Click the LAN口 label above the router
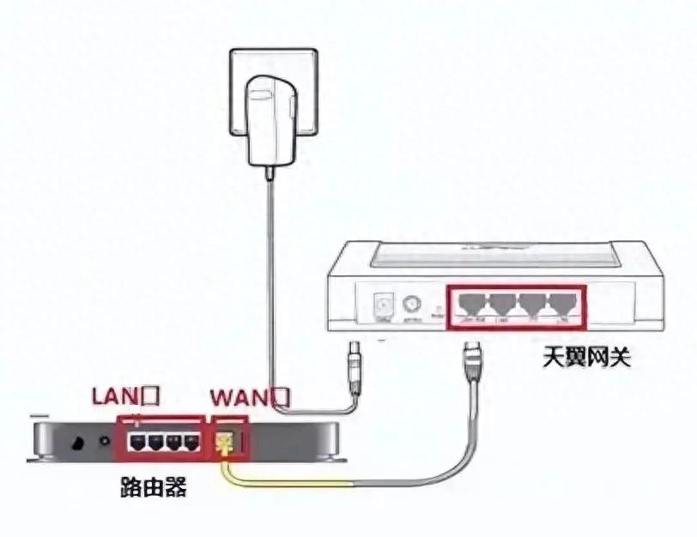tap(126, 396)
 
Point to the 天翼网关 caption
tap(586, 355)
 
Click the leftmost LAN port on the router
tap(135, 443)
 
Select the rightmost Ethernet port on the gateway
tap(563, 305)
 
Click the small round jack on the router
tap(106, 442)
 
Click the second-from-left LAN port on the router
tap(154, 443)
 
